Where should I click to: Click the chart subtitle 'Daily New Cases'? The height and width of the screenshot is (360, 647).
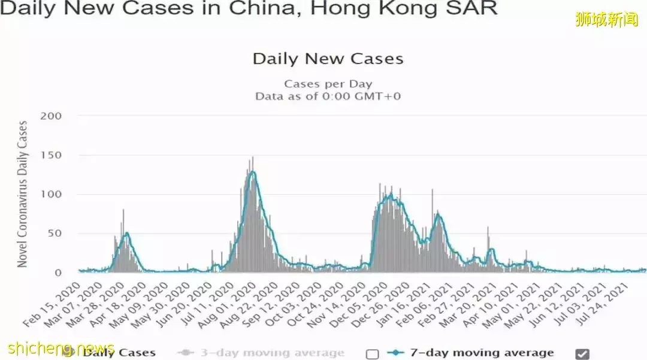point(328,59)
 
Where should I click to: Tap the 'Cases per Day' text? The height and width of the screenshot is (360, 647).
point(328,84)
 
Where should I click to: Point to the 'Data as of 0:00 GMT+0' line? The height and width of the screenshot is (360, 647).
point(328,96)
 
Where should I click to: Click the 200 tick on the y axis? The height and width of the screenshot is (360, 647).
point(51,116)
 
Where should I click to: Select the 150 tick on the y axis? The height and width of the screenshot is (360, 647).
point(51,155)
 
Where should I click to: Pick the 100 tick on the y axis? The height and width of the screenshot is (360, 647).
point(51,194)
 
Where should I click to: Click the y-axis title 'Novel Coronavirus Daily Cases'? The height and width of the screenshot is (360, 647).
point(23,194)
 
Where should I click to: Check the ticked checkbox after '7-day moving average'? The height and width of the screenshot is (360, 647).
point(582,353)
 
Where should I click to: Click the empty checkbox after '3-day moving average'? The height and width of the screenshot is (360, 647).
point(373,353)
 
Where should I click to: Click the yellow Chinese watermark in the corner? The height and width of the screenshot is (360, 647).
point(606,20)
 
